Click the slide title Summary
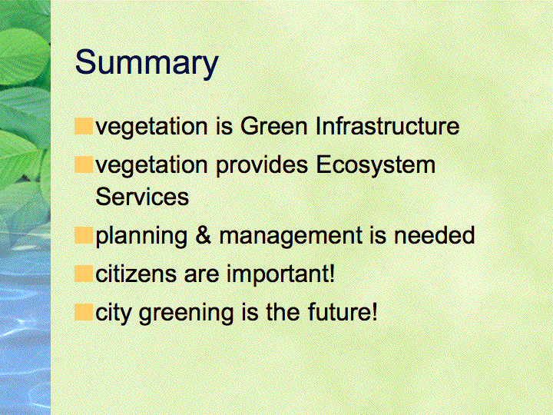pos(147,63)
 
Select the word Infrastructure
pos(388,126)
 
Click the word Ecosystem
pos(376,165)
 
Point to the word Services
pos(142,197)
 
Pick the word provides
pos(262,165)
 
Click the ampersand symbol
pos(203,235)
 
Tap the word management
pos(290,236)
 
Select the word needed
pos(434,235)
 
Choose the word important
pos(280,274)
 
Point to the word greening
pos(186,313)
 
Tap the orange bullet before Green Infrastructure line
pos(84,126)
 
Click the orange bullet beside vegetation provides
pos(84,164)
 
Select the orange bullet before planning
pos(84,235)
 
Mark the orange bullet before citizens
pos(84,274)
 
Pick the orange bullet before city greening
pos(84,312)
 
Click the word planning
pos(141,236)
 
